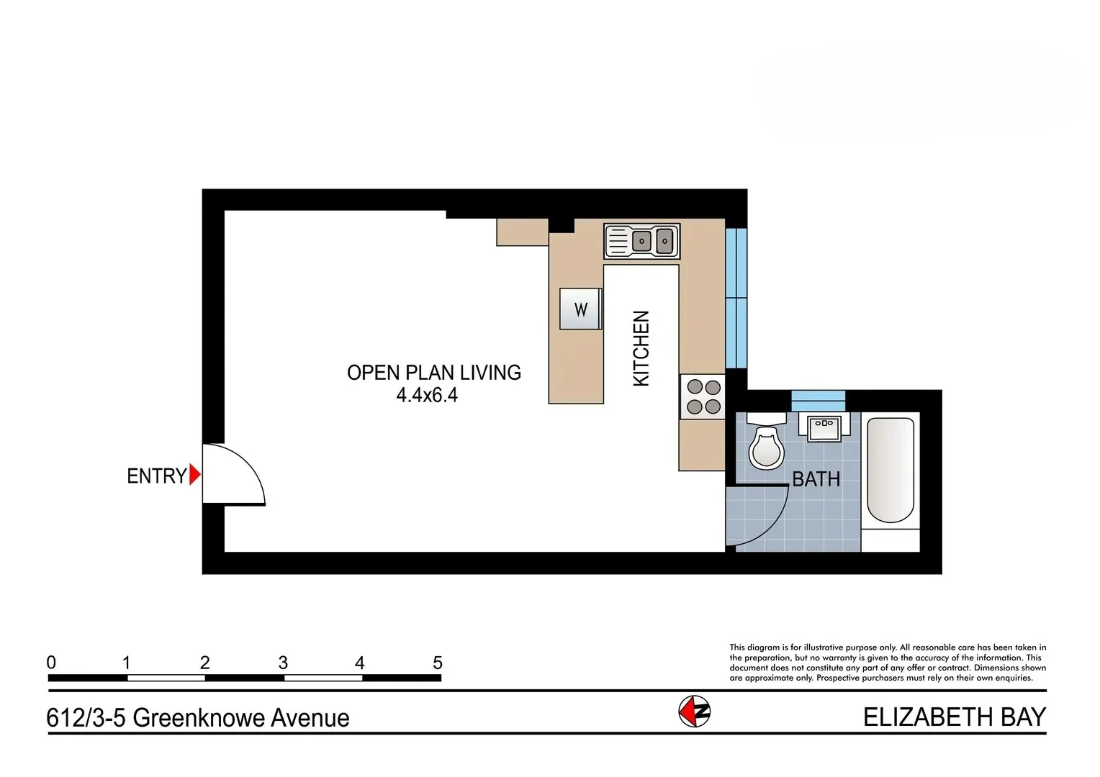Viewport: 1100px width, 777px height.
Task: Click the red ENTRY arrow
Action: click(x=194, y=476)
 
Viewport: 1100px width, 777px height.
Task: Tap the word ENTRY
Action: click(x=156, y=476)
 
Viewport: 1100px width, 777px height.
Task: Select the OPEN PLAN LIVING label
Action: click(x=433, y=373)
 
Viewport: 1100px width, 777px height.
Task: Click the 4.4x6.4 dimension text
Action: click(x=427, y=395)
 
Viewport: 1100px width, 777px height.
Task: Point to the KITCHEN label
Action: click(x=641, y=348)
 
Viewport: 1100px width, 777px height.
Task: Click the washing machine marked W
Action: click(x=580, y=309)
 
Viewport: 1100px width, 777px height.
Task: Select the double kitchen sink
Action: click(x=641, y=241)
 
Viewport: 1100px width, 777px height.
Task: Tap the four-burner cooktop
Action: click(x=703, y=396)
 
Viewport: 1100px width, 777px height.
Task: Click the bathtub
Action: click(x=891, y=470)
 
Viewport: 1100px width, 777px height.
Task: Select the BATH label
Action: click(x=816, y=479)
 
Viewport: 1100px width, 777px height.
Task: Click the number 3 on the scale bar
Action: click(x=283, y=663)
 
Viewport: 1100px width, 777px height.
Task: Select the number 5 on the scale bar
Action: click(x=437, y=663)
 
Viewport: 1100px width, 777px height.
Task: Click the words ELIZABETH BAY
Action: click(x=954, y=717)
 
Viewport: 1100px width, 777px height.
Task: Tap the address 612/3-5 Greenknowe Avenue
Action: click(x=198, y=718)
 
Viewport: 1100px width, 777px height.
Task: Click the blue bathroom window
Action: click(x=818, y=400)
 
